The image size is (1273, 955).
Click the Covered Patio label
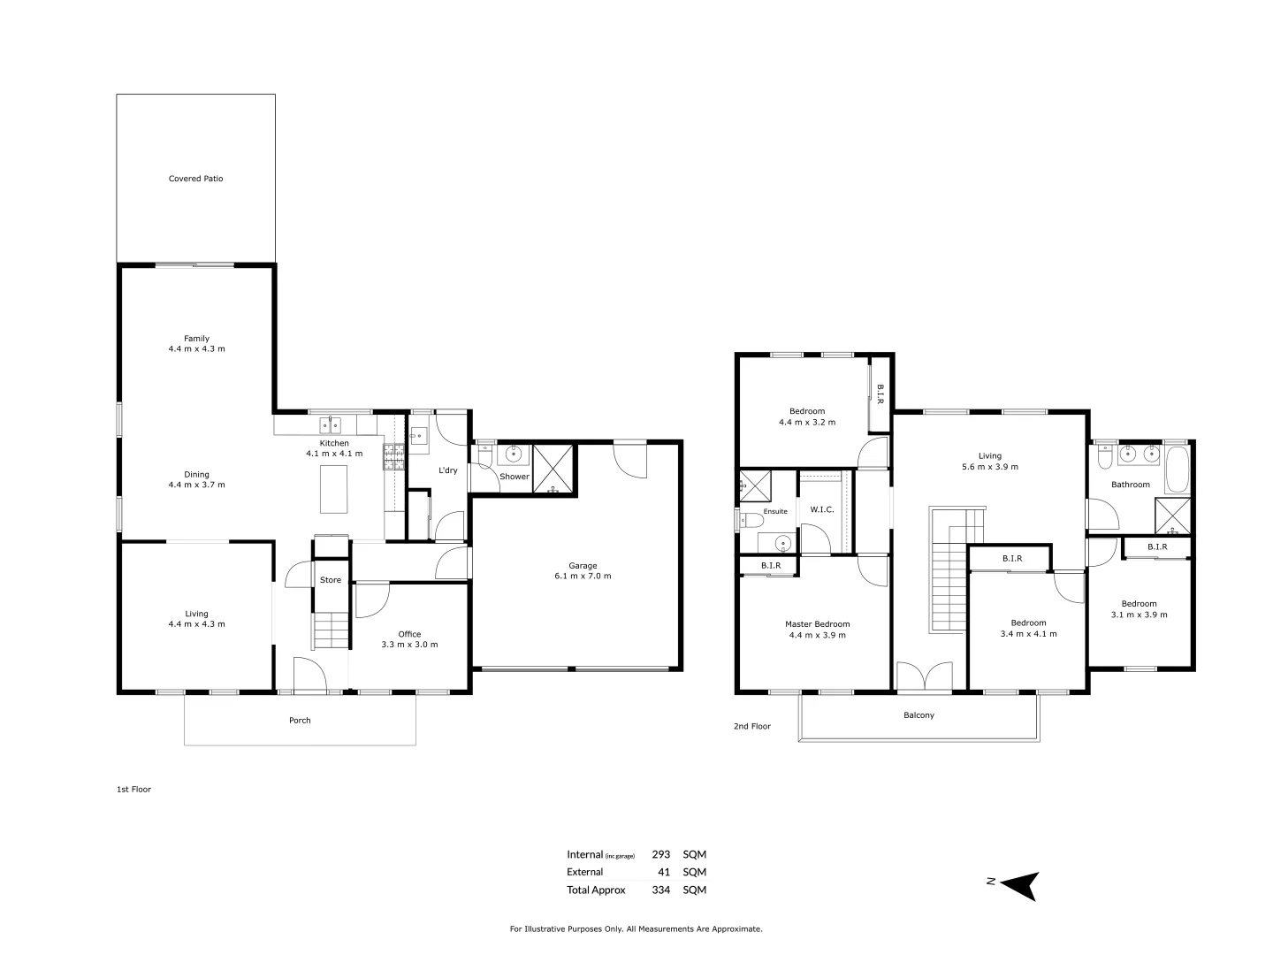[x=195, y=179]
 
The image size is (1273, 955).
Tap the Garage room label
[x=582, y=566]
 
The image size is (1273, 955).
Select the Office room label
[x=409, y=634]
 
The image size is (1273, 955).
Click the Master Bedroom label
[x=817, y=624]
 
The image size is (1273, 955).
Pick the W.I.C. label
[x=822, y=509]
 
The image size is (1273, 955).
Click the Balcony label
[x=919, y=715]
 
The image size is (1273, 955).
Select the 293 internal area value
[x=660, y=855]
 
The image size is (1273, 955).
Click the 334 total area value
[x=660, y=890]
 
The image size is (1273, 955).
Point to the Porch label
[x=300, y=721]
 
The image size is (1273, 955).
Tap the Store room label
[x=331, y=580]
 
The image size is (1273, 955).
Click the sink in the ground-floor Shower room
[x=514, y=455]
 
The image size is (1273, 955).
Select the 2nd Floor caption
[x=751, y=727]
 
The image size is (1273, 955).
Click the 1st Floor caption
[x=133, y=790]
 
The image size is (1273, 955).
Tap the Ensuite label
[x=775, y=511]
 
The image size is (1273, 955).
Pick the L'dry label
[x=448, y=470]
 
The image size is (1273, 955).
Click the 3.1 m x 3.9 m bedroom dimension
[x=1139, y=615]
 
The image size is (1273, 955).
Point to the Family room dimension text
[x=196, y=349]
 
